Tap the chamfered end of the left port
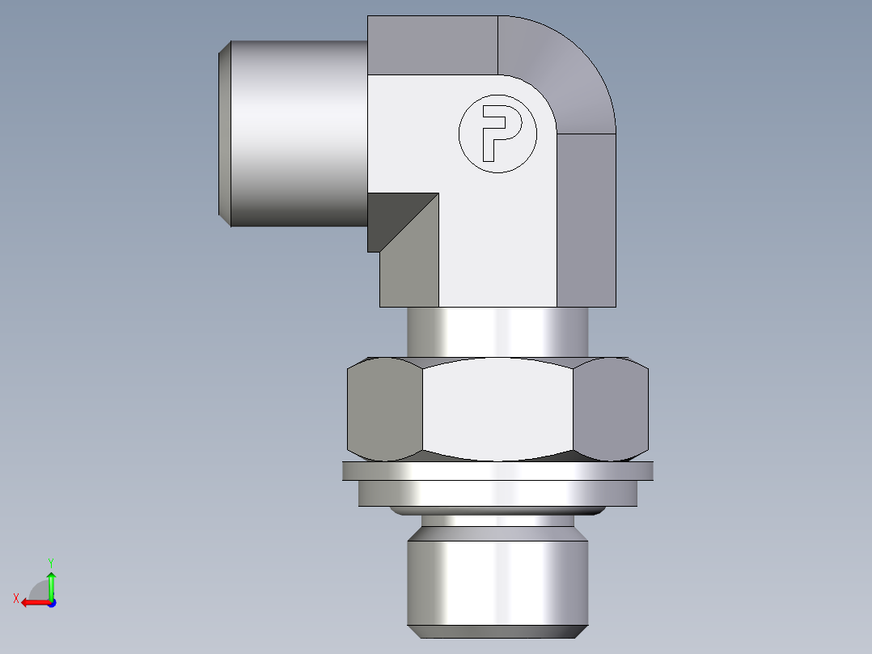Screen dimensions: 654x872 (225, 134)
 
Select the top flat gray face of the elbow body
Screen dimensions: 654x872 (432, 45)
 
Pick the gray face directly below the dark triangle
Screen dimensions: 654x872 (411, 271)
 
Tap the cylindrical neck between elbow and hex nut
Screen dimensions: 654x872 (497, 332)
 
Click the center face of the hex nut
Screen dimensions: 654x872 (497, 410)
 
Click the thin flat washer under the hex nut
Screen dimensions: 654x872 (497, 470)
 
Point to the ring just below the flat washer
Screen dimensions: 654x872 (497, 493)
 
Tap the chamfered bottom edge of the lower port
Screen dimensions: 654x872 (497, 631)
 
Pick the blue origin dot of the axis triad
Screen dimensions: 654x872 (51, 603)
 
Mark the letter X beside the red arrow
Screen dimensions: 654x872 (15, 599)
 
